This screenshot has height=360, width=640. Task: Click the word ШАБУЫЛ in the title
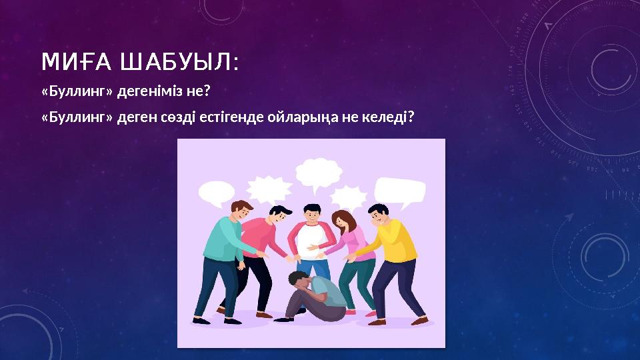click(x=177, y=63)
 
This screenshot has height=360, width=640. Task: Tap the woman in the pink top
click(x=353, y=253)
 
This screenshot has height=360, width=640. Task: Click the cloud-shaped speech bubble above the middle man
click(x=318, y=172)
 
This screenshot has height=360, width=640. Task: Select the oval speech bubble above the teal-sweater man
click(x=216, y=193)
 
